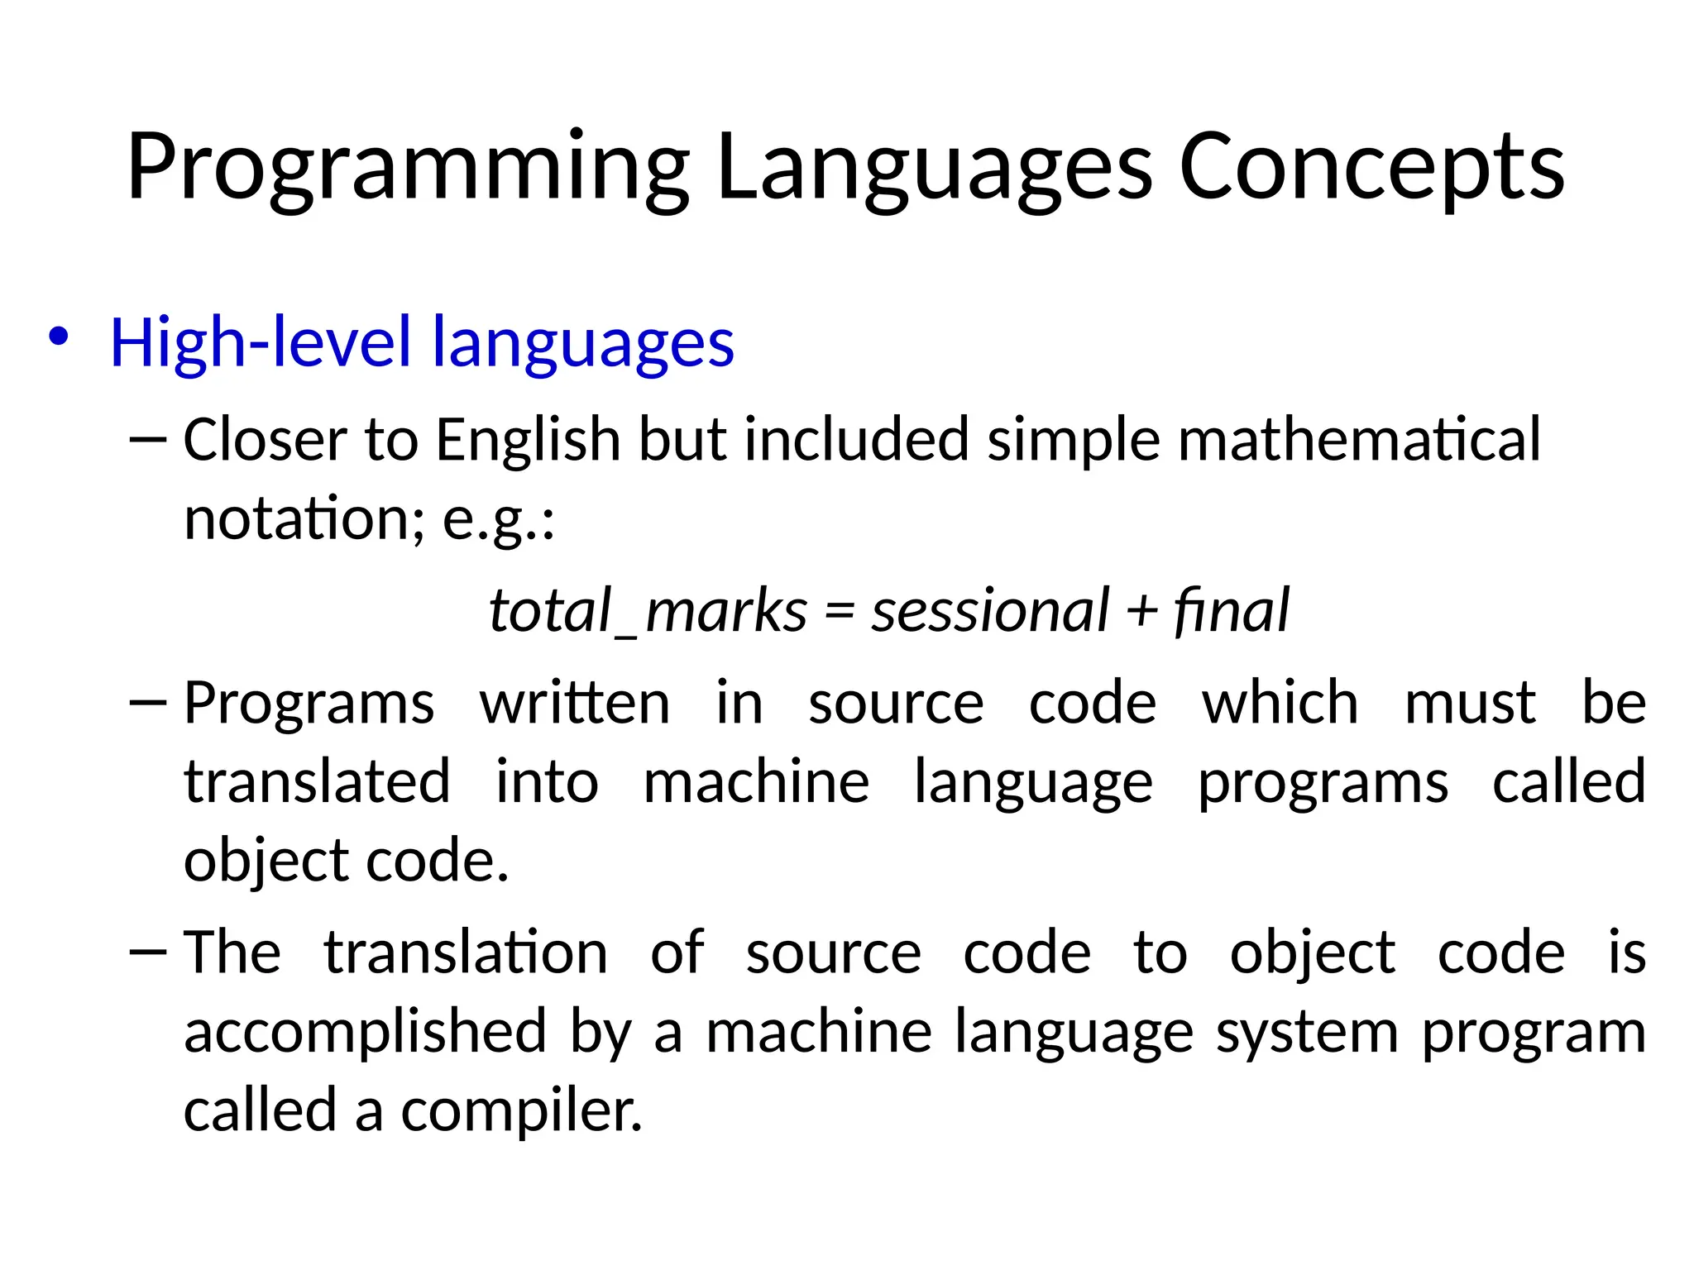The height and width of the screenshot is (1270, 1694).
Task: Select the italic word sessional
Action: point(989,611)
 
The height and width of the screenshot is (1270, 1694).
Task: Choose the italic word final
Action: point(1232,611)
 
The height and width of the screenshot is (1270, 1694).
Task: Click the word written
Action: point(575,704)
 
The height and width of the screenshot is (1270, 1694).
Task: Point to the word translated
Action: point(317,782)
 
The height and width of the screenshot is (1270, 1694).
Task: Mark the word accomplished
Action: point(365,1032)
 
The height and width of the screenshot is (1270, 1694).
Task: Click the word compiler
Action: point(521,1110)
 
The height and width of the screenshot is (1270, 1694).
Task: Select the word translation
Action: point(466,952)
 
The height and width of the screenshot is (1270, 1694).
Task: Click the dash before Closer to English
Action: point(148,441)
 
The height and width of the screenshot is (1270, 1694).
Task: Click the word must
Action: point(1470,704)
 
